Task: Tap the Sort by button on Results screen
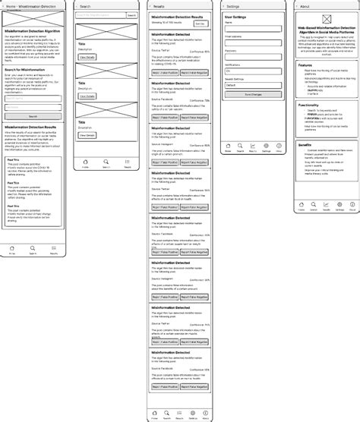(200, 24)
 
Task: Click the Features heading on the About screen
(305, 65)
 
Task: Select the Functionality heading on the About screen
(309, 105)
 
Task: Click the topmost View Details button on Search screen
(87, 57)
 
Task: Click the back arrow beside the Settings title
(225, 5)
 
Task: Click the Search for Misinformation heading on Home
(29, 69)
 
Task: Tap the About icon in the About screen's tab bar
(352, 205)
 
